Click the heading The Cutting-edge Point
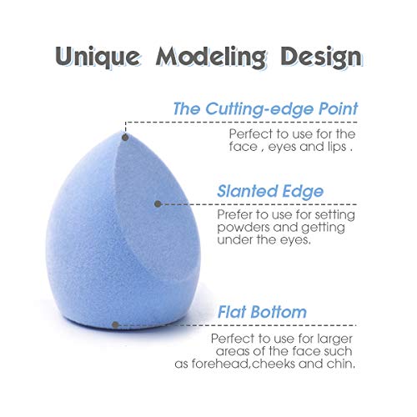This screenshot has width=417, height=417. click(265, 109)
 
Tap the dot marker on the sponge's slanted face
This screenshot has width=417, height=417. click(158, 203)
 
